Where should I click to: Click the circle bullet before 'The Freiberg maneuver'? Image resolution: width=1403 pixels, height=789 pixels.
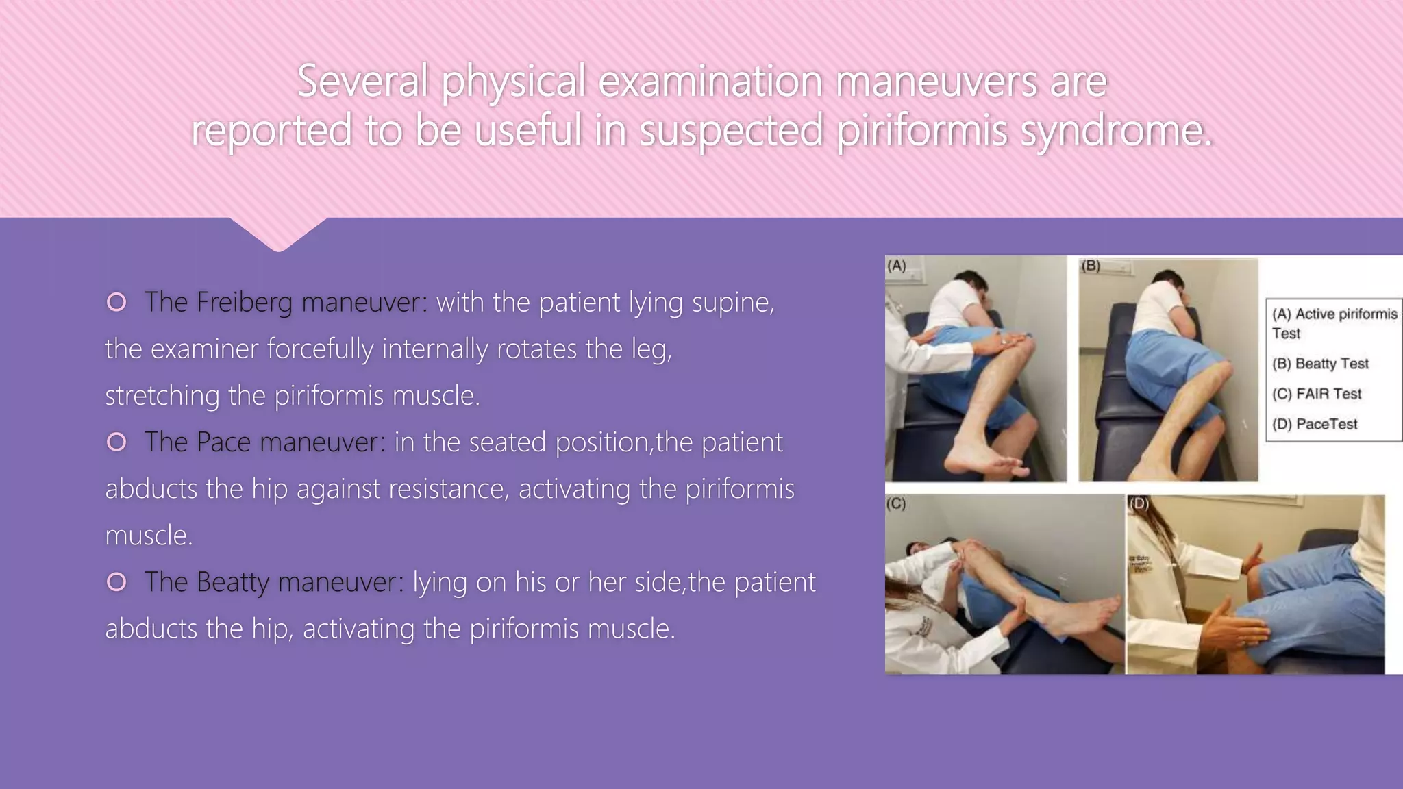(x=117, y=302)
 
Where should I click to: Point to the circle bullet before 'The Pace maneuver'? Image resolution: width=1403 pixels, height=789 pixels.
(x=117, y=442)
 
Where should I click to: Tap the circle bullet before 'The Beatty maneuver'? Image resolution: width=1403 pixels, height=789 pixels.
(x=117, y=581)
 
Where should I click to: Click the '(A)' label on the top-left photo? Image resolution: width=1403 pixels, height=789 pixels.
(x=897, y=266)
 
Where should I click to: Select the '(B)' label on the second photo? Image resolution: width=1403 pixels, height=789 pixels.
(x=1091, y=266)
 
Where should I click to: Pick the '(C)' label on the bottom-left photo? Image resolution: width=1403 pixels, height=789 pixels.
(x=896, y=504)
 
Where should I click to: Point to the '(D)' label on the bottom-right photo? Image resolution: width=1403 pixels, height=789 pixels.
(x=1139, y=503)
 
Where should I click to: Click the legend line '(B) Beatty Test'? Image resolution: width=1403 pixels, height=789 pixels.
(x=1320, y=364)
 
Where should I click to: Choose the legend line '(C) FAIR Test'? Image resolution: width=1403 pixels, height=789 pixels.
(x=1317, y=394)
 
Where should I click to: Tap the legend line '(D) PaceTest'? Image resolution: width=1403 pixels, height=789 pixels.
(x=1315, y=424)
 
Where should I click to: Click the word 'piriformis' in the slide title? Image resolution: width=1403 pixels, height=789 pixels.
(x=922, y=130)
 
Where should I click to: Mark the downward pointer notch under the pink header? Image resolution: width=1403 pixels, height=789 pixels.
(x=278, y=236)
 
